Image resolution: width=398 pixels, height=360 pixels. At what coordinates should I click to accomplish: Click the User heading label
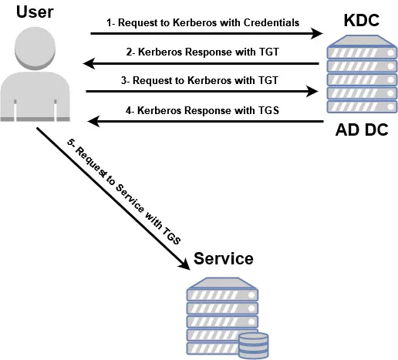pos(35,12)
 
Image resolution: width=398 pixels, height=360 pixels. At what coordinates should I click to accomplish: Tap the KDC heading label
pos(361,20)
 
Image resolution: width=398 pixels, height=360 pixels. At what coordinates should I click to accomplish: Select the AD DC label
pos(362,130)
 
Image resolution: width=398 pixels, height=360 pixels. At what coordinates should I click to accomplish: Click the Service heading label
pos(224,258)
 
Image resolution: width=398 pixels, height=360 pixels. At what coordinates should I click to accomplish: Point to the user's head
pos(35,49)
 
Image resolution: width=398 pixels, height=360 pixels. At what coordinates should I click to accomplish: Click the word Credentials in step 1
pos(272,22)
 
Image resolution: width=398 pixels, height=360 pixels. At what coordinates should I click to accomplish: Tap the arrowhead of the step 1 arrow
pos(317,33)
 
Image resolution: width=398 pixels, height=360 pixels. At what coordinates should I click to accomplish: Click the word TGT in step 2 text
pos(269,52)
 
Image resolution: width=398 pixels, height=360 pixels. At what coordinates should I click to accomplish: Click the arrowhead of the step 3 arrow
pos(312,91)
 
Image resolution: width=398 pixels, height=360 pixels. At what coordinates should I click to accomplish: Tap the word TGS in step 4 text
pos(269,110)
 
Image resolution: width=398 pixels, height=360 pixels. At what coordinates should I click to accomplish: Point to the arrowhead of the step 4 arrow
pos(93,121)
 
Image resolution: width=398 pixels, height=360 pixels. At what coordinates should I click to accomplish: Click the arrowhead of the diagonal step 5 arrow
pos(184,264)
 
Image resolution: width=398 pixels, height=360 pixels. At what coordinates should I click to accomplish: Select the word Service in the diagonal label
pos(130,198)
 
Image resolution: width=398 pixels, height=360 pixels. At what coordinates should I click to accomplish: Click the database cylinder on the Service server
pos(253,345)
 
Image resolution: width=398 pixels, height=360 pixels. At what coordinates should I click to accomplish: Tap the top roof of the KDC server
pos(361,41)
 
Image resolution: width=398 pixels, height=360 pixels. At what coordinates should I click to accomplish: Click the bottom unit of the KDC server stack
pos(362,106)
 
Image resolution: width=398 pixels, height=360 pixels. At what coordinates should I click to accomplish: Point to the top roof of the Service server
pos(221,283)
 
